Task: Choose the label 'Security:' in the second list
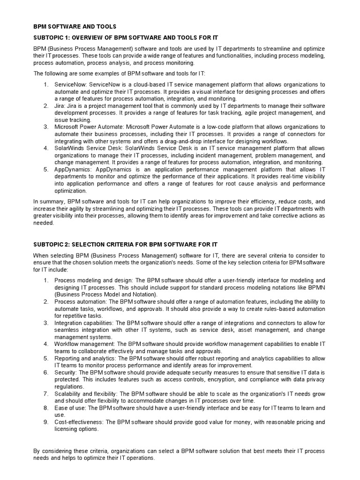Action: point(67,372)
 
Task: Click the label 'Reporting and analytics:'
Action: point(85,358)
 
